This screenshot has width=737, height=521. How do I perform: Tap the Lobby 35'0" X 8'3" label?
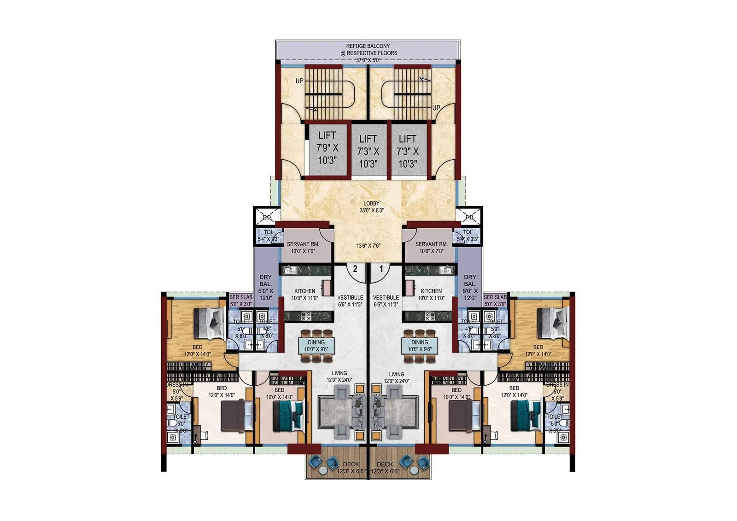click(371, 207)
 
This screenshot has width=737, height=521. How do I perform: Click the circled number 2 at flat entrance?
click(355, 269)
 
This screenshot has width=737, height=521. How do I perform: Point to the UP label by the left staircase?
click(299, 81)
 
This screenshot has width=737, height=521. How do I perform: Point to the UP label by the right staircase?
click(436, 108)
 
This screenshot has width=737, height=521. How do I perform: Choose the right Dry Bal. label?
click(470, 287)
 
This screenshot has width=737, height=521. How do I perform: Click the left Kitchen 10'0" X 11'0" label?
click(304, 294)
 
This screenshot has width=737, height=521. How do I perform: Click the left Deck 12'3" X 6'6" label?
click(351, 468)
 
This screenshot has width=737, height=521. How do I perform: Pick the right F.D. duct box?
click(469, 217)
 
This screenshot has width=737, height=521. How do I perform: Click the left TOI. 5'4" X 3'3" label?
click(268, 236)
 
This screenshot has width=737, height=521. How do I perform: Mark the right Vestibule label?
click(386, 301)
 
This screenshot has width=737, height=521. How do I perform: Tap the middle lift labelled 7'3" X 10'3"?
click(368, 151)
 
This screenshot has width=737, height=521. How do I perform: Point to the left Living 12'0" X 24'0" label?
click(339, 376)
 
